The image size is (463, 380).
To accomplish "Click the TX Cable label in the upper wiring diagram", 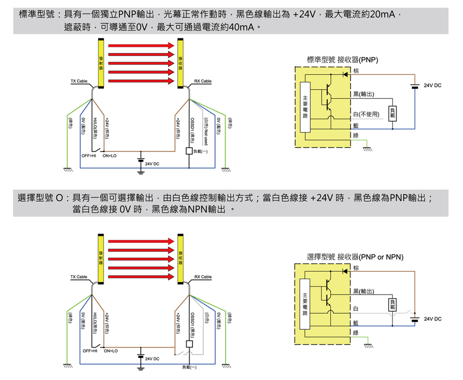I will [79, 81].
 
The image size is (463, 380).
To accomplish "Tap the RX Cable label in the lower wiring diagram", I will [203, 277].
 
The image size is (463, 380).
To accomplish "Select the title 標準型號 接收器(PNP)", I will [342, 60].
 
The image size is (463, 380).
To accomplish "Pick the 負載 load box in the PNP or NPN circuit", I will [393, 304].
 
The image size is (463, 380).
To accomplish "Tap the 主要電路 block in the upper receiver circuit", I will [305, 107].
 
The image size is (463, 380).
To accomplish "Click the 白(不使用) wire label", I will [368, 115].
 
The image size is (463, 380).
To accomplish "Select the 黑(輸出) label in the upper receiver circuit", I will [363, 94].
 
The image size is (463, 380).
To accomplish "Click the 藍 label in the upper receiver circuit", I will [356, 126].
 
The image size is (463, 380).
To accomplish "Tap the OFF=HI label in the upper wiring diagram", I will [89, 156].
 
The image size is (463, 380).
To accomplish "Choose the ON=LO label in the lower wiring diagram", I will [110, 351].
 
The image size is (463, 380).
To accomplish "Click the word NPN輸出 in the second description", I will [201, 209].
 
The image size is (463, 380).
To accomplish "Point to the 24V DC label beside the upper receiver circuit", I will [432, 86].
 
